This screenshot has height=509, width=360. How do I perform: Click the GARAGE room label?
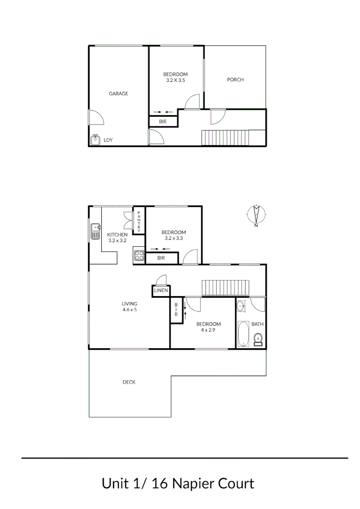click(x=118, y=94)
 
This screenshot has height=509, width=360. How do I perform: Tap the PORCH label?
click(x=235, y=80)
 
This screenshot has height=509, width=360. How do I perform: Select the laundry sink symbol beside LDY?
click(x=95, y=140)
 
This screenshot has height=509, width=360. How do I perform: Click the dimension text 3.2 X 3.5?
click(x=175, y=81)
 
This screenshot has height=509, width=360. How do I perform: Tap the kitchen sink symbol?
click(x=95, y=231)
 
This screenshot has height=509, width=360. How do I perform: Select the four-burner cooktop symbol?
click(x=139, y=255)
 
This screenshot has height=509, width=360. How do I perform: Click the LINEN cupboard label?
click(x=161, y=291)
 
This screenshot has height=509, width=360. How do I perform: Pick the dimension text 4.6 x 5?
click(x=130, y=310)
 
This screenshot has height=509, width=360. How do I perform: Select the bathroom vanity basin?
click(x=241, y=306)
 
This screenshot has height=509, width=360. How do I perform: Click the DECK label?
click(x=129, y=382)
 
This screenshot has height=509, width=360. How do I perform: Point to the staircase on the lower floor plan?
click(x=225, y=288)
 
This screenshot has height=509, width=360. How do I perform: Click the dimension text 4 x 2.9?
click(x=208, y=330)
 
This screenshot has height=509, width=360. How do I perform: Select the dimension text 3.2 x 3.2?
click(x=117, y=240)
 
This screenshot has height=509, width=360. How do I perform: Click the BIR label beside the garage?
click(x=163, y=122)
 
